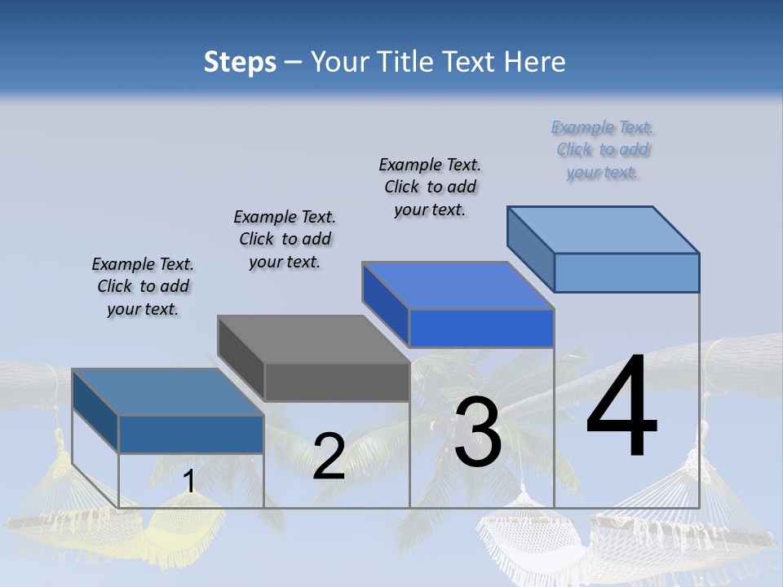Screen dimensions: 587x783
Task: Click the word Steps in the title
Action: coord(240,62)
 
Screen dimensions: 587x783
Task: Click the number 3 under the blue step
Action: coord(477,432)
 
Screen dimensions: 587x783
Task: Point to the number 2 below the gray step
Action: coord(329,456)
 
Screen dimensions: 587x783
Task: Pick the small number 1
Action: coord(188,482)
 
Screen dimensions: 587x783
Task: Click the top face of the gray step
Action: coord(313,339)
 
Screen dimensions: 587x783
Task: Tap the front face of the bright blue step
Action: coord(481,329)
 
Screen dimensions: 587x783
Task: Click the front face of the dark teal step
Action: coord(191,434)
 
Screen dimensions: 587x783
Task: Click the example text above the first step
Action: coord(143,287)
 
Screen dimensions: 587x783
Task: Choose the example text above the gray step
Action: coord(285,239)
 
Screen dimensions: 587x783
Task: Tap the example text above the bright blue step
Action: coord(430,187)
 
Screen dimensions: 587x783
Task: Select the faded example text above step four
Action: coord(603,149)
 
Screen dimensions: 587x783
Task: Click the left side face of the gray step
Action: coord(241,359)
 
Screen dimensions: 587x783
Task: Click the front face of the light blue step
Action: coord(626,272)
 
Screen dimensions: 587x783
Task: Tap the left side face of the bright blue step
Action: coord(386,303)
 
